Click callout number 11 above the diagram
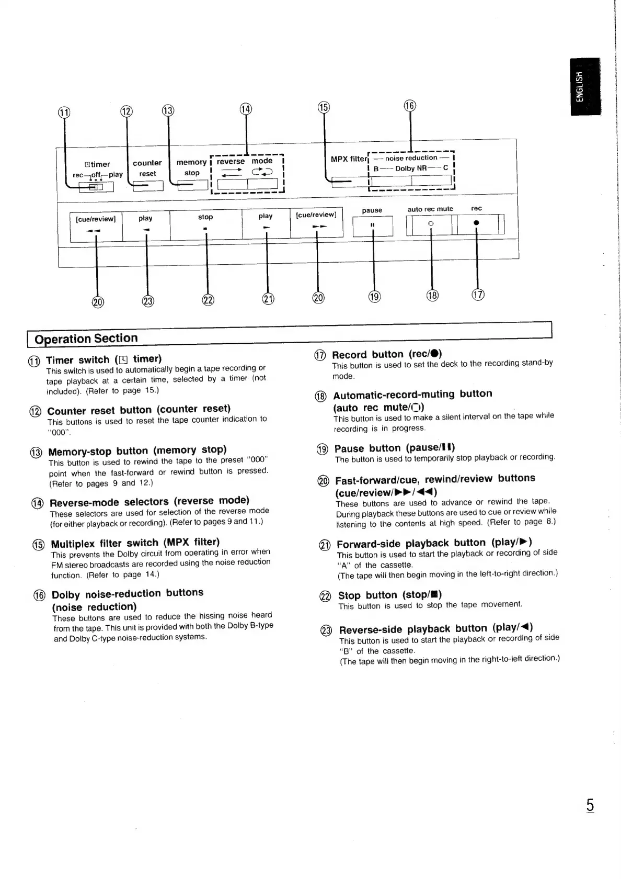(x=63, y=112)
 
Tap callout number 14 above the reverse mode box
(x=246, y=109)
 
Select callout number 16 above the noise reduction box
(x=410, y=106)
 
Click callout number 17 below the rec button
(x=478, y=295)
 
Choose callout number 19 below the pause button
(x=374, y=297)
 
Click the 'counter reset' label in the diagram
(x=147, y=168)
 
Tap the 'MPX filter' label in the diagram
(x=349, y=159)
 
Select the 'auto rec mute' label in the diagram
(x=430, y=209)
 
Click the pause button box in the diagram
(x=373, y=226)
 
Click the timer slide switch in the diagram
(x=96, y=186)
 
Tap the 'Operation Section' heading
(x=86, y=339)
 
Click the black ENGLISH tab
(x=585, y=86)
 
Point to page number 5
(x=590, y=805)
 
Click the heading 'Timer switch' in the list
(x=104, y=359)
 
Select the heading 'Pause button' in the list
(x=395, y=448)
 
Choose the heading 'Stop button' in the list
(x=390, y=595)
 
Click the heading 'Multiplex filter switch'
(x=135, y=543)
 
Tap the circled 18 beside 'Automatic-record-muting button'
(x=320, y=396)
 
